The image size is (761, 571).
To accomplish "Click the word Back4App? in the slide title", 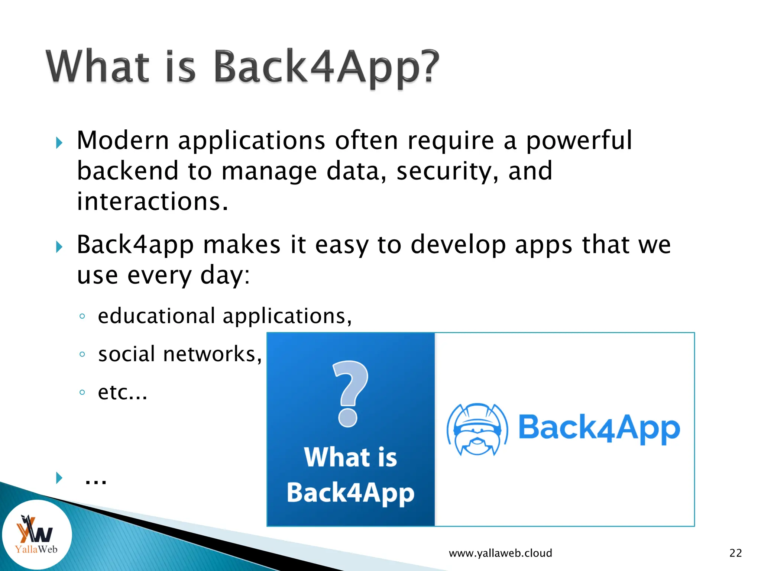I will point(326,67).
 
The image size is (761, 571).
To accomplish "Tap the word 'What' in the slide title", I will point(98,67).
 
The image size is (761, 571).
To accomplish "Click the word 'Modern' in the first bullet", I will point(123,141).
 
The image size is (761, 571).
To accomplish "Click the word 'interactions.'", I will point(152,201).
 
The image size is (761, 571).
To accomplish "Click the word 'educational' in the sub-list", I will point(156,316).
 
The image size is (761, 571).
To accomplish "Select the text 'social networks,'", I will point(180,354).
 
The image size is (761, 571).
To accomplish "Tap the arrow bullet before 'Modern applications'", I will point(59,142).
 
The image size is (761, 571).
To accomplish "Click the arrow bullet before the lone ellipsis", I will point(59,478).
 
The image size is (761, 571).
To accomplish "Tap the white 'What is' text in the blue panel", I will point(350,457).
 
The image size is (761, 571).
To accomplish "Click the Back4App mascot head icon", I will point(477,429).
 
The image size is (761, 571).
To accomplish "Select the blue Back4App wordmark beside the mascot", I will point(599,428).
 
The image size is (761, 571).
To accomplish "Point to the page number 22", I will point(735,553).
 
